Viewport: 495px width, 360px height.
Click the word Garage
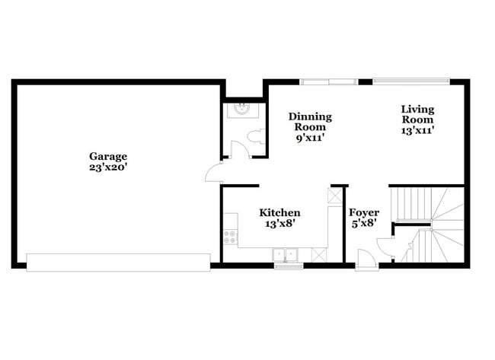pos(107,156)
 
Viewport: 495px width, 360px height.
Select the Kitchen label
pos(279,212)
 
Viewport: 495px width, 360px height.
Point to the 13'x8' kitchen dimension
pos(279,224)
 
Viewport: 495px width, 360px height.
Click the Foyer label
pos(364,212)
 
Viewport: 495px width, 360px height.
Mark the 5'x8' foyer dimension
pos(364,224)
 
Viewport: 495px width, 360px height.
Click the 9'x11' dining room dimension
pos(310,139)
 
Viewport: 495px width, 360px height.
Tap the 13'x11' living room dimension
pos(417,130)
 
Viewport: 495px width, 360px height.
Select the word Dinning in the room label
pos(310,116)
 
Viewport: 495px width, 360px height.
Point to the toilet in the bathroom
pos(257,137)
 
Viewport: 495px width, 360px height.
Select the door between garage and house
pos(213,173)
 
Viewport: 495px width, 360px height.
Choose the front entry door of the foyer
pos(366,263)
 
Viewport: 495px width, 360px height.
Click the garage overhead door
pos(118,263)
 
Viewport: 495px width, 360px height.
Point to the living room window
pos(410,81)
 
